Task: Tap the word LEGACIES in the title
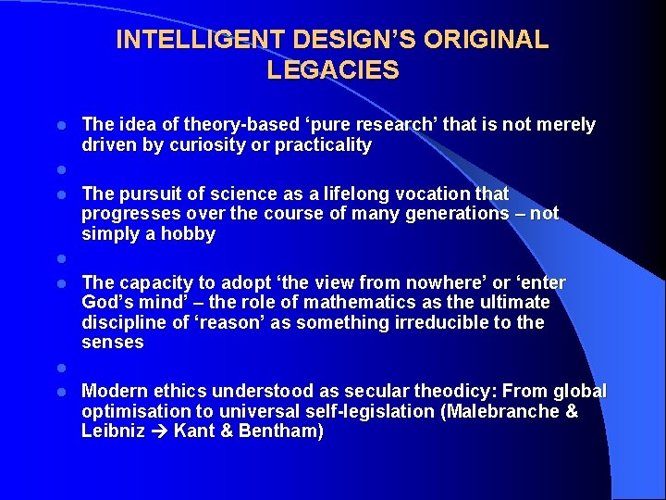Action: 333,70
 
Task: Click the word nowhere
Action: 440,282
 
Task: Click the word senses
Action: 113,343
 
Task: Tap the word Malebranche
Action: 501,412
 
